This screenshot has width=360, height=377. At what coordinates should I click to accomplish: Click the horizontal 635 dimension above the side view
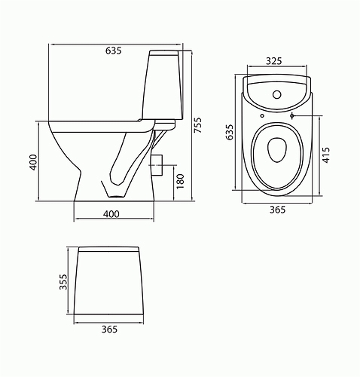[x=114, y=51]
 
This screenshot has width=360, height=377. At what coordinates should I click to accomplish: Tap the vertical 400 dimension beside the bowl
[x=34, y=164]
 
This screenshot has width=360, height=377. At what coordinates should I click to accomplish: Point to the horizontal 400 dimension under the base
[x=111, y=215]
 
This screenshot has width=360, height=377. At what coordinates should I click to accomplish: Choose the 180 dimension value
[x=179, y=180]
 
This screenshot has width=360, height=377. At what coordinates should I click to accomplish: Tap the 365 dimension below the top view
[x=276, y=210]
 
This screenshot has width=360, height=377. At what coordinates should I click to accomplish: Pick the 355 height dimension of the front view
[x=63, y=281]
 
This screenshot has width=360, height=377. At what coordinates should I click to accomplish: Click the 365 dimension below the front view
[x=111, y=329]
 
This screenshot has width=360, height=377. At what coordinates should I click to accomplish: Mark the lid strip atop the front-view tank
[x=111, y=249]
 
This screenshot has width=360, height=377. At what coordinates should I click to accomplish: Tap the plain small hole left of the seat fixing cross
[x=260, y=117]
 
